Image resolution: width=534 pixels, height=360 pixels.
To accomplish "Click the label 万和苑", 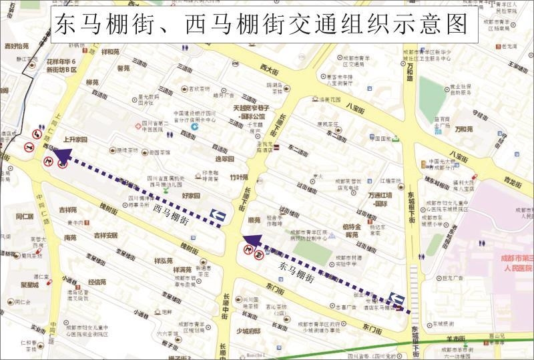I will coord(463,129).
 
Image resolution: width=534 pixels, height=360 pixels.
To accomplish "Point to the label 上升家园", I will coord(75,140).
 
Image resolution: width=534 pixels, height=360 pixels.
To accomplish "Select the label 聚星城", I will coord(29,285).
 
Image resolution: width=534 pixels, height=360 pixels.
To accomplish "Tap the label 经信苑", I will coord(97,282).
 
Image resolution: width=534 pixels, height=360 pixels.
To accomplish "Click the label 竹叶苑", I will coord(238,178).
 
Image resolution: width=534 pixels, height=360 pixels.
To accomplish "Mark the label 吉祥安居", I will coord(105,235).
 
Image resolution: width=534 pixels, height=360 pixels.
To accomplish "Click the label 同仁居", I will coord(24,216).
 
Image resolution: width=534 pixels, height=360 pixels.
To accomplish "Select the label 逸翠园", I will coord(224,160).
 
